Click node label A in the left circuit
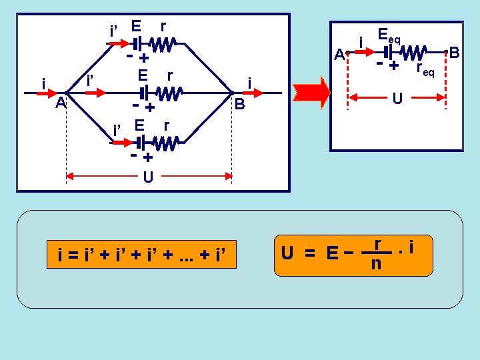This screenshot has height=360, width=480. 60,103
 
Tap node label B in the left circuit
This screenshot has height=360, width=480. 239,105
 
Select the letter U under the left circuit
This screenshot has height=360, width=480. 148,177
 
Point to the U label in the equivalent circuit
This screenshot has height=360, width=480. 397,99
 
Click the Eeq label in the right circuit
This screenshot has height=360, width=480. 388,35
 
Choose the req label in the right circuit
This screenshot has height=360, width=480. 425,68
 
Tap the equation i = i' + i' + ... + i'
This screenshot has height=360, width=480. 142,254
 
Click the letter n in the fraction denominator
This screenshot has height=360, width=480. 376,264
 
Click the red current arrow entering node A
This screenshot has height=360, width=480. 53,94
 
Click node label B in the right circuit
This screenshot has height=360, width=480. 455,51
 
